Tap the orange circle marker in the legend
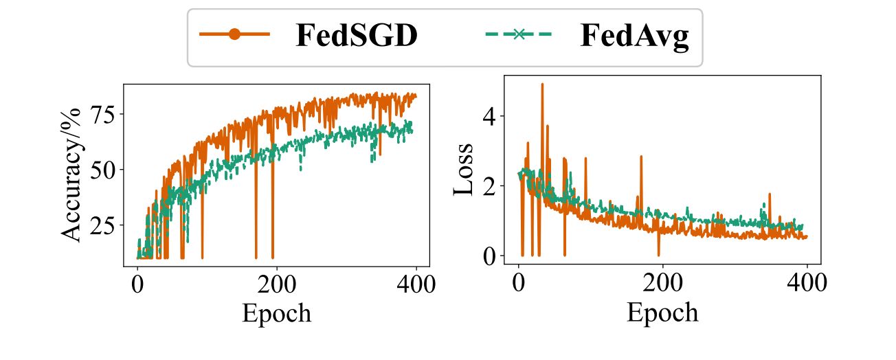click(234, 35)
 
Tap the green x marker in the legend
click(519, 35)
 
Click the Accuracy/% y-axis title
click(71, 175)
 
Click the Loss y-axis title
click(464, 169)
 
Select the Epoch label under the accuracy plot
click(276, 313)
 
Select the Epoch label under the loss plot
click(662, 313)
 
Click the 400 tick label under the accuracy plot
click(414, 284)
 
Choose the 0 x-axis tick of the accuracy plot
click(137, 284)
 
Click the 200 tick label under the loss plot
click(663, 284)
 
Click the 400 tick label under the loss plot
click(807, 284)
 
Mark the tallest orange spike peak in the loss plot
click(542, 85)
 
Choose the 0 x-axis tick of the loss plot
click(519, 284)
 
